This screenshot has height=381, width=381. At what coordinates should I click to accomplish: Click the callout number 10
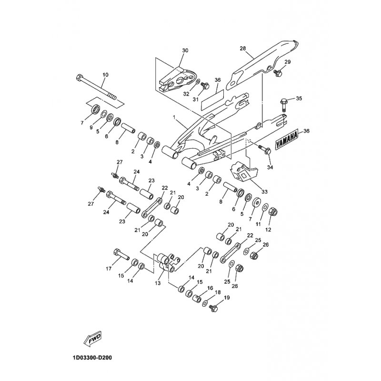pyautogui.click(x=105, y=75)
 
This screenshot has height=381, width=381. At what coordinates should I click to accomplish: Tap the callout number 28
pyautogui.click(x=242, y=49)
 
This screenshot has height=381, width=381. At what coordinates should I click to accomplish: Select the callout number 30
pyautogui.click(x=185, y=50)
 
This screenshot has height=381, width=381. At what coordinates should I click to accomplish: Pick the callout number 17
pyautogui.click(x=108, y=269)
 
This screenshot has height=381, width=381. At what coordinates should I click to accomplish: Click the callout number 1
pyautogui.click(x=174, y=117)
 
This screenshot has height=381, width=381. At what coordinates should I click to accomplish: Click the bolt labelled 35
pyautogui.click(x=284, y=102)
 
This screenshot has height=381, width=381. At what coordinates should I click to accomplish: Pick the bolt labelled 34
pyautogui.click(x=264, y=149)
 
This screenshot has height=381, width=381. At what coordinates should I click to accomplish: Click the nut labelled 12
pyautogui.click(x=273, y=211)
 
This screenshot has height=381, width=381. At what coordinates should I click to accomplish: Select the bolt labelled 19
pyautogui.click(x=214, y=308)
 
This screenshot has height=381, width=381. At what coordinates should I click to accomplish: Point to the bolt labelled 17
pyautogui.click(x=121, y=255)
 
